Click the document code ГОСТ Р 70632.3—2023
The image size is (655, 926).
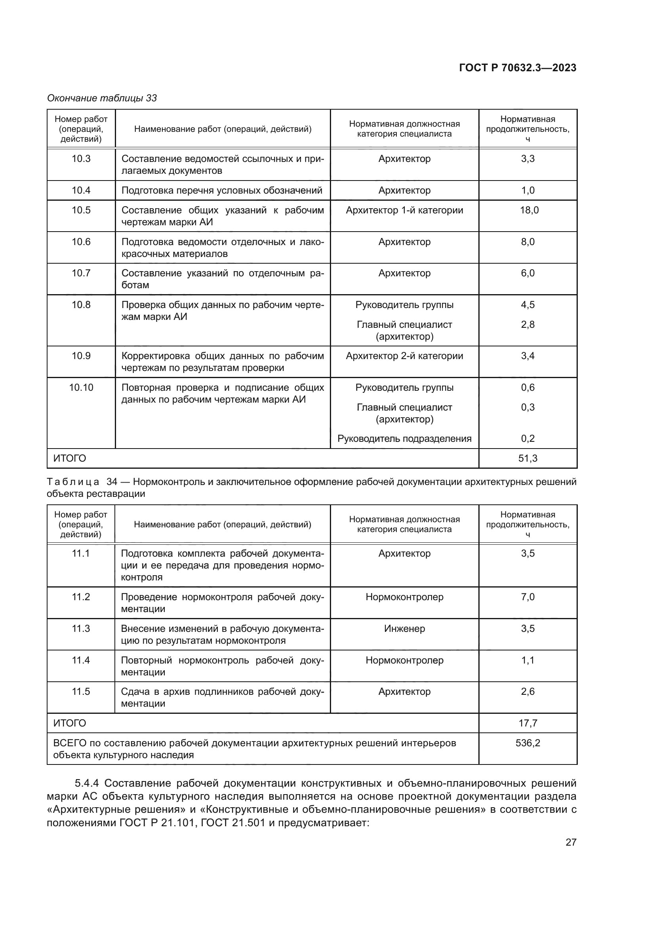tap(518, 68)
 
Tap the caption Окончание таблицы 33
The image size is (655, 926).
tap(102, 98)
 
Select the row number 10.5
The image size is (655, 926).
tap(81, 210)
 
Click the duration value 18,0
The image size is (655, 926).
tap(527, 210)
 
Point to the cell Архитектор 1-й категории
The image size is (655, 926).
tap(404, 210)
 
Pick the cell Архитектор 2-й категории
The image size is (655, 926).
tap(404, 356)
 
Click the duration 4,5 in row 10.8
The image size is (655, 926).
tap(527, 304)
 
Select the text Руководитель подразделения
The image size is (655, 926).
tap(404, 438)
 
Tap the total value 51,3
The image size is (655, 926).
tap(527, 458)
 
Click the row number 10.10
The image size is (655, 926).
tap(81, 388)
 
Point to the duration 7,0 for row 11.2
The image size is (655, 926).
tap(527, 597)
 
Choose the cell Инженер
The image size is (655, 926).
tap(404, 628)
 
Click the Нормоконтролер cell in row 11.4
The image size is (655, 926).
tap(404, 660)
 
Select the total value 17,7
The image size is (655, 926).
tap(527, 723)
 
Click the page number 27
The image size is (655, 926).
tap(571, 842)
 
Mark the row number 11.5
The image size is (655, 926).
tap(81, 691)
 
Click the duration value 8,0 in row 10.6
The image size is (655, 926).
tap(527, 241)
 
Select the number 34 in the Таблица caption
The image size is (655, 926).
tap(112, 482)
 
